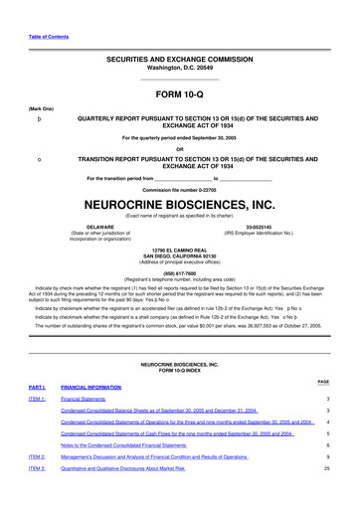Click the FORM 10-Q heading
[x=180, y=95]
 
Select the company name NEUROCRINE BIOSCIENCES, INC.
[x=180, y=200]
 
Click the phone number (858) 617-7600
[x=180, y=274]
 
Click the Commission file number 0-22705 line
[x=180, y=188]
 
